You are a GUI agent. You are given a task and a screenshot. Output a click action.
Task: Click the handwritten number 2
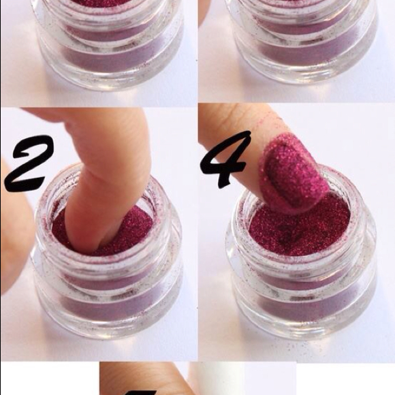point(28,163)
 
